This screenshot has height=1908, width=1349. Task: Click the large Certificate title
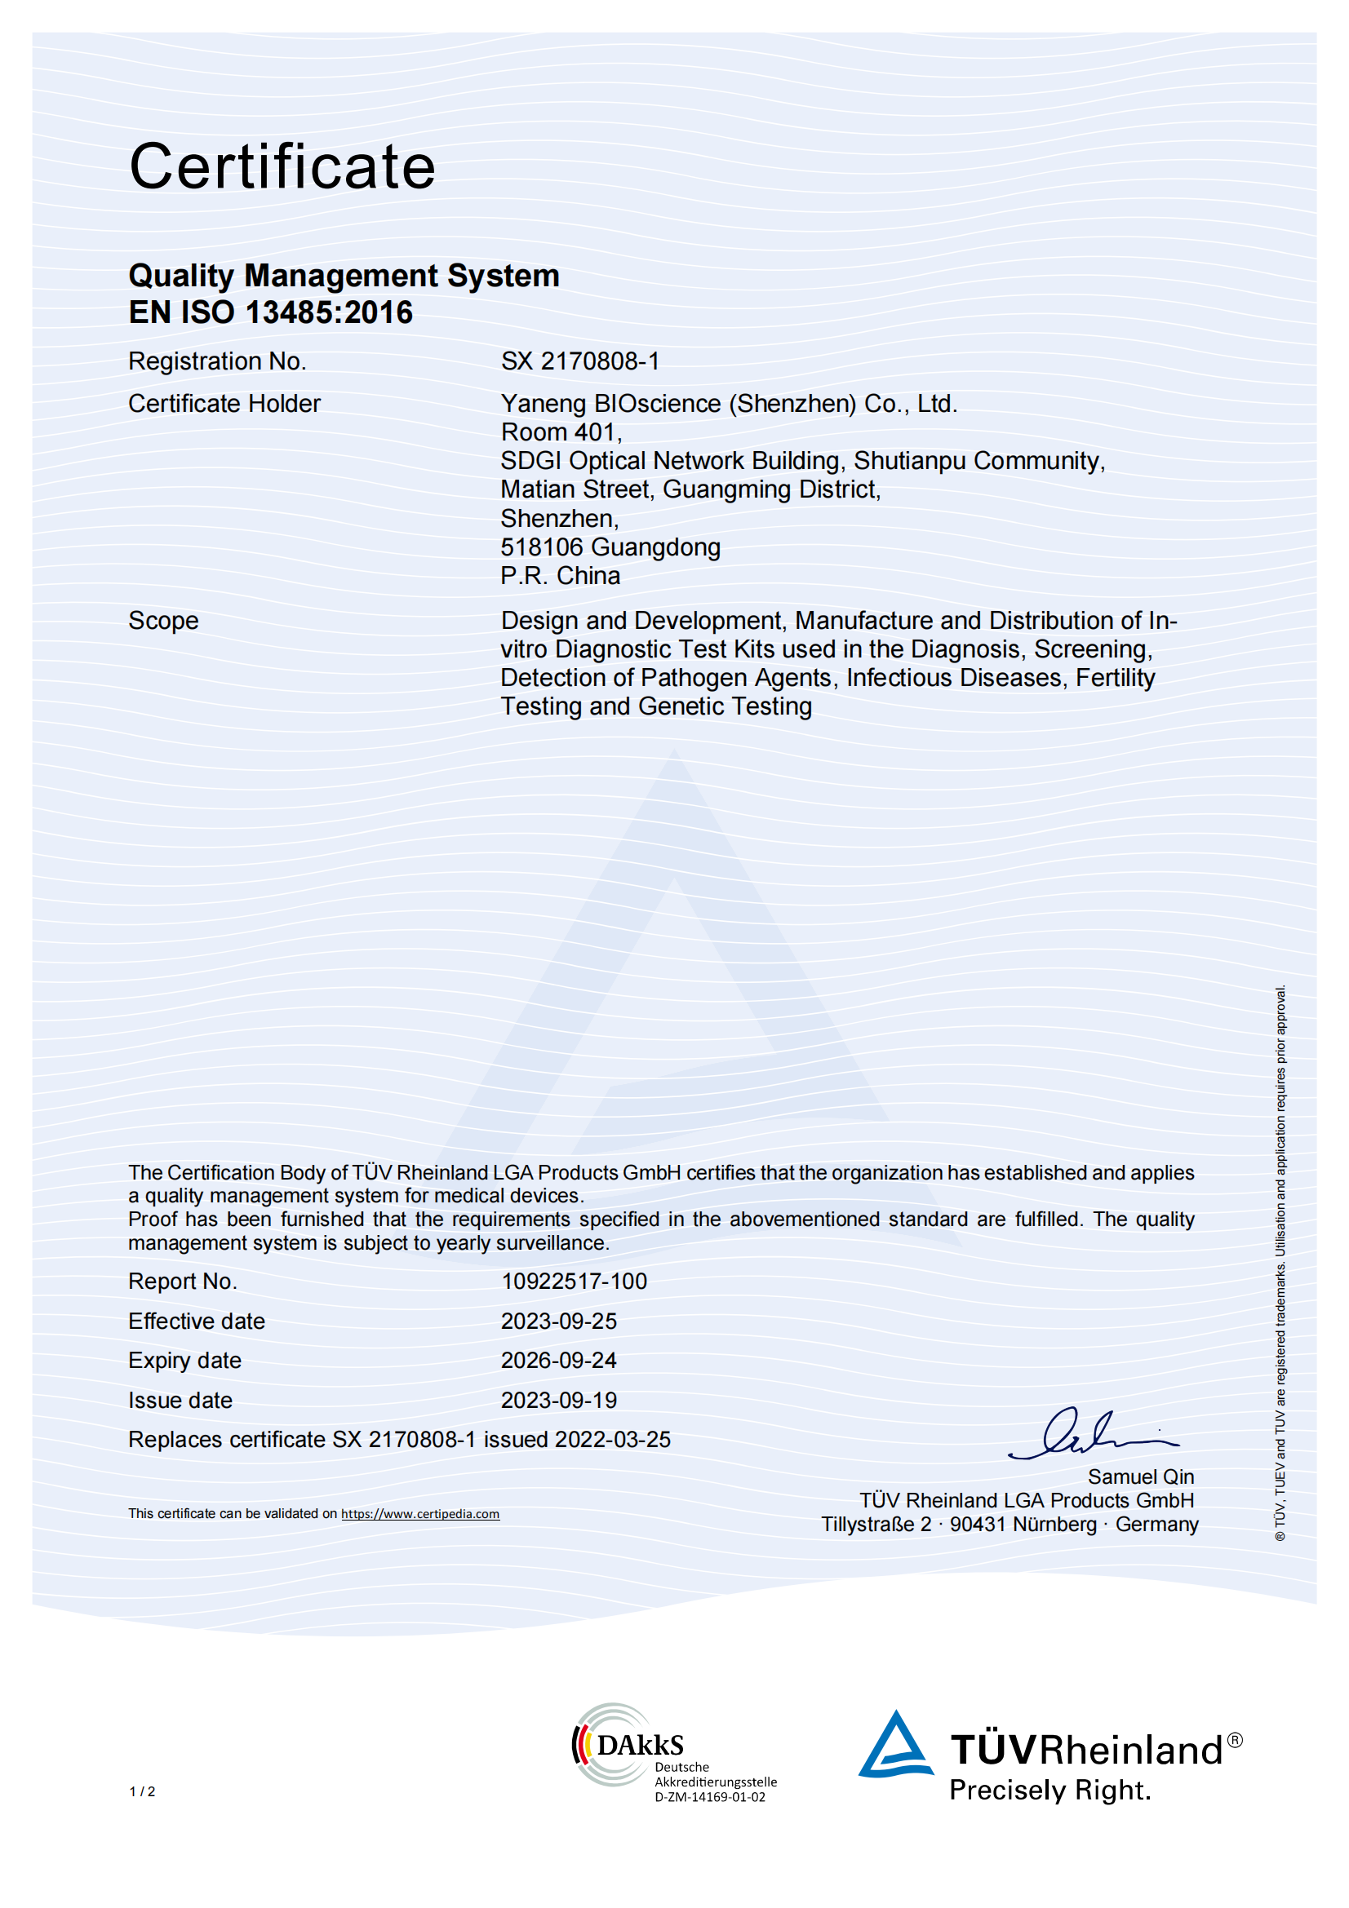pos(282,166)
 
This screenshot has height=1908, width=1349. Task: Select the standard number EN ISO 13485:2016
pos(270,312)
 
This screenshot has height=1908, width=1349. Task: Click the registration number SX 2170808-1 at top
pos(579,361)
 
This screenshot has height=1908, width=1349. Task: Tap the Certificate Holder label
pos(224,404)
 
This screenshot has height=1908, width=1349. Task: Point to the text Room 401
pos(560,432)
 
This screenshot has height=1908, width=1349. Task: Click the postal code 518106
pos(541,547)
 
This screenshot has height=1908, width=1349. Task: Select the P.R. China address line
pos(560,576)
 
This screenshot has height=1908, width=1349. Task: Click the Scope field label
pos(163,621)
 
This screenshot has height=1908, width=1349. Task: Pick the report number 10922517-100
pos(574,1282)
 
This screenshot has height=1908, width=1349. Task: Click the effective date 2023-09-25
pos(558,1321)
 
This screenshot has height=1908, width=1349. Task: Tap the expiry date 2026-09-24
pos(558,1361)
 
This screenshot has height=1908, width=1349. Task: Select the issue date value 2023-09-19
pos(558,1401)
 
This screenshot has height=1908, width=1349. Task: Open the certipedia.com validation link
pos(419,1514)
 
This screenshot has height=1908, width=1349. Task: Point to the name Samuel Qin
pos(1140,1476)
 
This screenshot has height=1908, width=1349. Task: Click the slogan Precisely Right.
pos(1049,1789)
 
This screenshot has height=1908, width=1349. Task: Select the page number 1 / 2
pos(142,1791)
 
